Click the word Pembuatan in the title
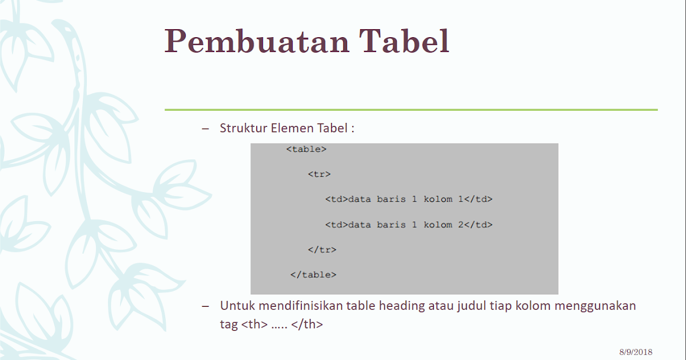click(x=257, y=41)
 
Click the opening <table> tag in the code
click(x=306, y=149)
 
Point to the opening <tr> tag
click(x=319, y=174)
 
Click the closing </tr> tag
click(x=322, y=250)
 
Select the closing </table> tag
click(x=313, y=275)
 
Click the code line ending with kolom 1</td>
click(x=408, y=199)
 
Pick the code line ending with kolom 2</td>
click(x=408, y=225)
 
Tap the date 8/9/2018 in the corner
click(x=635, y=352)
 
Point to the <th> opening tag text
click(x=254, y=324)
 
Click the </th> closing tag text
click(x=307, y=324)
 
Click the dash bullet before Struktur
click(x=206, y=128)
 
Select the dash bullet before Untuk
click(x=206, y=306)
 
